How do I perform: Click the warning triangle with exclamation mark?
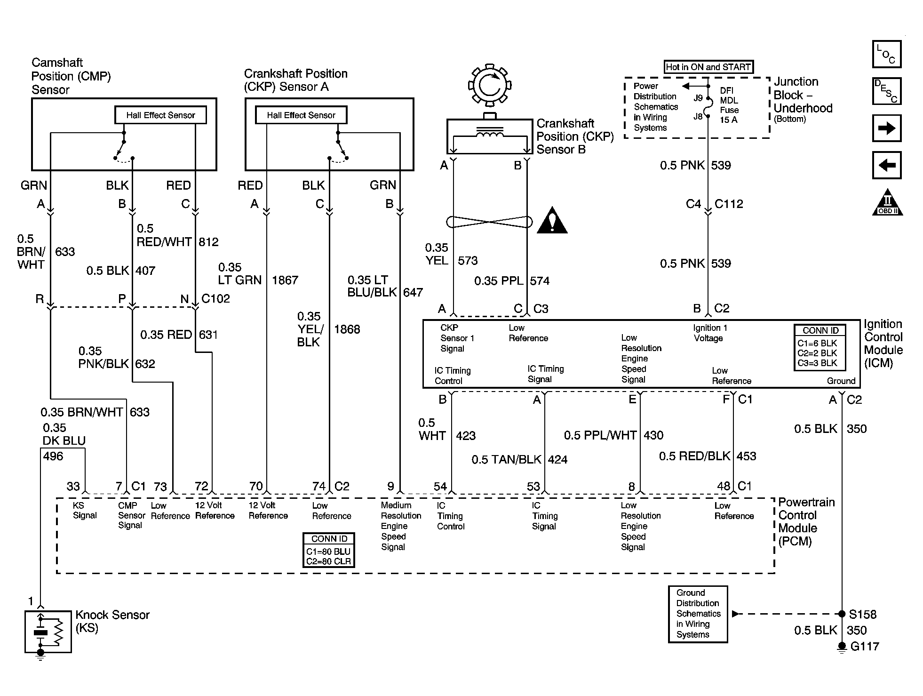pos(552,221)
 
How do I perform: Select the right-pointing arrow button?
pos(887,128)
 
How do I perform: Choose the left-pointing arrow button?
pos(887,165)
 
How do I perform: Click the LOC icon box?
pos(887,54)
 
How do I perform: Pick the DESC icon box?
pos(887,91)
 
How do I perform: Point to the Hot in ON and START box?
pos(708,67)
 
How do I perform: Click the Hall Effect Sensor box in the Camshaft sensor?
pos(160,115)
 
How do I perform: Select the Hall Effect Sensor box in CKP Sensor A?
pos(301,115)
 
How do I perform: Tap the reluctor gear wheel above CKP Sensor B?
pos(489,86)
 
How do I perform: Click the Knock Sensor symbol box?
pos(48,632)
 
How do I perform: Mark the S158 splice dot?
pos(841,614)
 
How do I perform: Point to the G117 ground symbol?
pos(841,648)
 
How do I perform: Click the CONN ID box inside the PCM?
pos(329,550)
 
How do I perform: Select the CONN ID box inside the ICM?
pos(819,347)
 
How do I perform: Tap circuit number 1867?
pos(285,280)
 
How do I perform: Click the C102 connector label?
pos(215,298)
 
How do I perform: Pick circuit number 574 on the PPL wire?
pos(540,281)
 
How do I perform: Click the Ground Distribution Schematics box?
pos(698,614)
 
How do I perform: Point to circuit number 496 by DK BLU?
pos(53,456)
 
